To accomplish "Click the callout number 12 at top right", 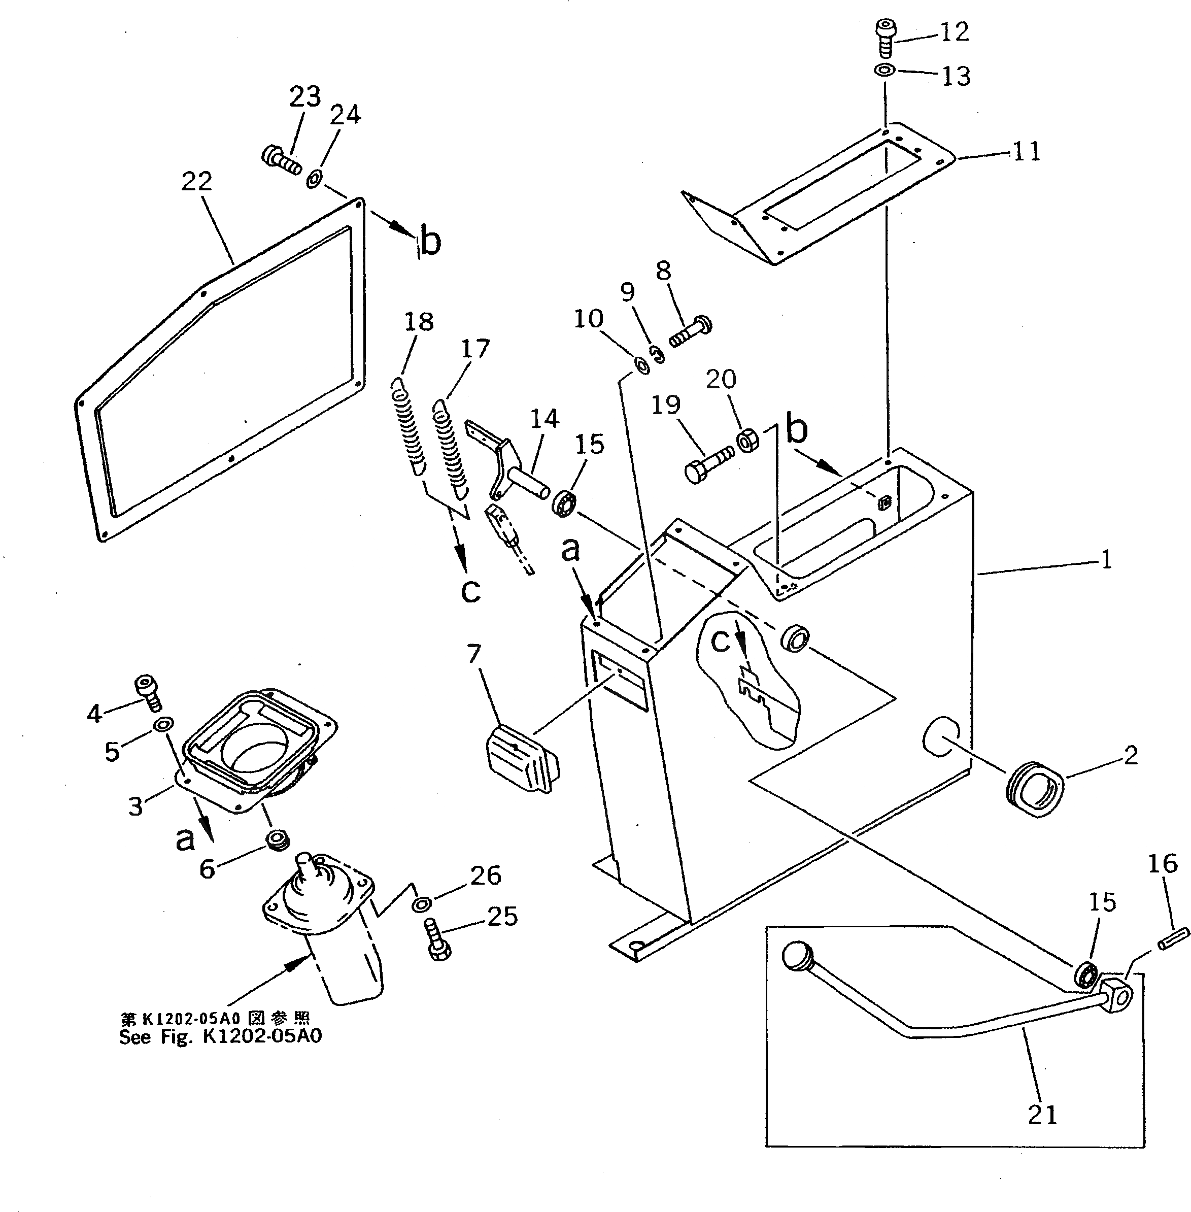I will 955,32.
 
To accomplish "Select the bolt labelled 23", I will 280,159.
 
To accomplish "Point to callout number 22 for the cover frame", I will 197,182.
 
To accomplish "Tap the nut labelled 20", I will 748,441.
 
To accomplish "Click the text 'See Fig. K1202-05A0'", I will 220,1037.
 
